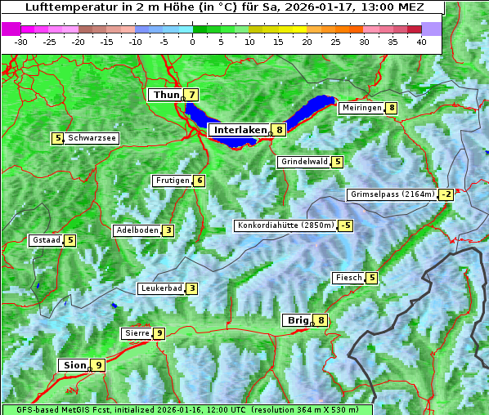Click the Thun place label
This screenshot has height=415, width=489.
pos(165,96)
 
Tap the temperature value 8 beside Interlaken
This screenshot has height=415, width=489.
pos(280,130)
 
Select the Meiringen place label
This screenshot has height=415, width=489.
pos(361,108)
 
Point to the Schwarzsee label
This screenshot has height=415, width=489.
pos(92,139)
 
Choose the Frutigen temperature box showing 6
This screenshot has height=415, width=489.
pos(200,181)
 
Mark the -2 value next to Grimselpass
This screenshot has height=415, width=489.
pos(446,194)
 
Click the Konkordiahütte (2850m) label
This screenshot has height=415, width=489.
pos(285,225)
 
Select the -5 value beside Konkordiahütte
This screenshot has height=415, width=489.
pos(347,225)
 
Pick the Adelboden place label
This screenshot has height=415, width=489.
pos(137,230)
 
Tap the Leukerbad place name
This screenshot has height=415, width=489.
pos(160,288)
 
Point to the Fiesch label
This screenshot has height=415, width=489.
pos(348,278)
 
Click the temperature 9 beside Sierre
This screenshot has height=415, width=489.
pos(159,333)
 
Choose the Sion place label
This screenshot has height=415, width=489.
pos(73,365)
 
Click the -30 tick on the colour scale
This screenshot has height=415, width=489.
pos(21,41)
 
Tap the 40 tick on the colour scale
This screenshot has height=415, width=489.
pos(421,41)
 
